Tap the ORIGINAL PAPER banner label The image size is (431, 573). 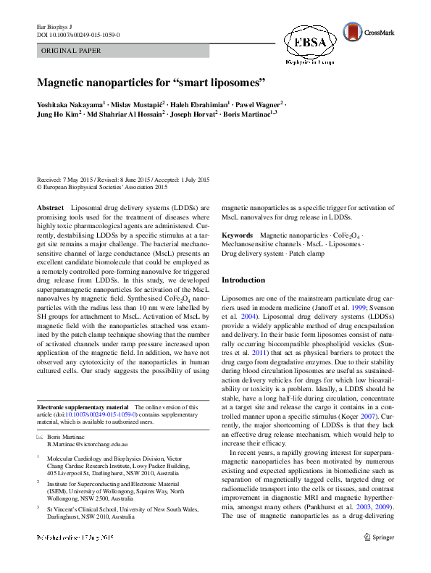click(71, 51)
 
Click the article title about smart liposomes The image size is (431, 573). click(152, 83)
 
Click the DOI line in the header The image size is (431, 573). click(78, 34)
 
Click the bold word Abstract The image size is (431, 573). click(50, 207)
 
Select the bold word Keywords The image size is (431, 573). click(237, 235)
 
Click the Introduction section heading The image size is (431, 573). click(243, 280)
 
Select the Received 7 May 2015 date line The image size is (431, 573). click(123, 180)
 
